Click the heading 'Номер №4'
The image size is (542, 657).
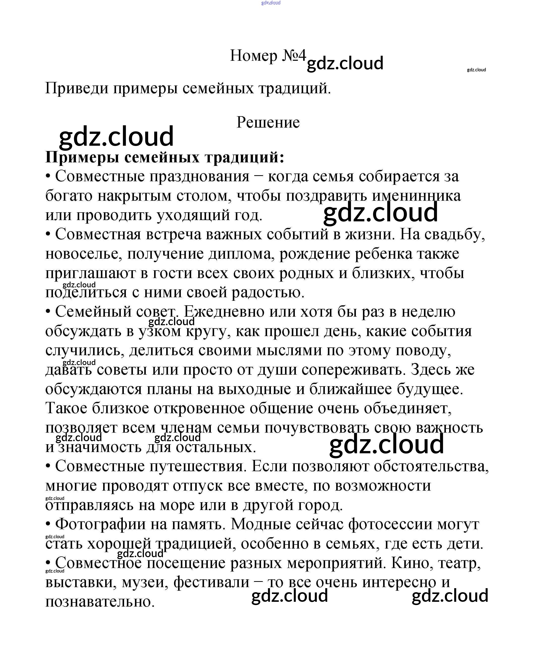[x=268, y=56]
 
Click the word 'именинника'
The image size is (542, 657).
[x=416, y=196]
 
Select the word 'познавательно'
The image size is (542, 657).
[x=100, y=602]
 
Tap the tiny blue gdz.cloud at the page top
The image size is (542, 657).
[x=271, y=3]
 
